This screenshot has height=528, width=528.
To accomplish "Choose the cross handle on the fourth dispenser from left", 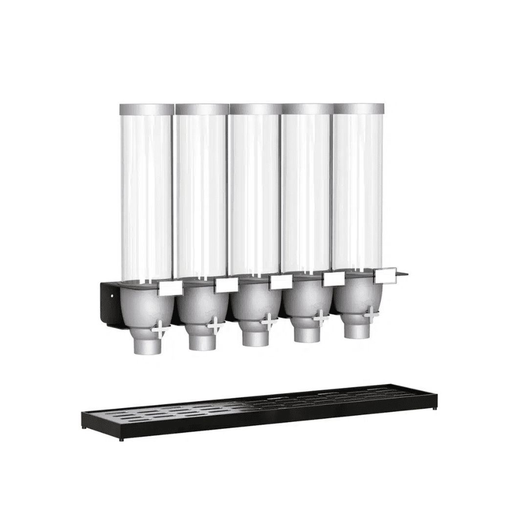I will pos(321,318).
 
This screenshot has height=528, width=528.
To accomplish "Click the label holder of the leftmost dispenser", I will pos(171,288).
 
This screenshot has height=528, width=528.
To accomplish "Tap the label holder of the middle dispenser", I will pos(281,282).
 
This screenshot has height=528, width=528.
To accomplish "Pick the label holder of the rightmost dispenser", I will pos(385,275).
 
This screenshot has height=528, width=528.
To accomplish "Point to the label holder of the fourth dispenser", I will pos(334,279).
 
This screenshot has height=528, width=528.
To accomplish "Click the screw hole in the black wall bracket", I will pos(111,295).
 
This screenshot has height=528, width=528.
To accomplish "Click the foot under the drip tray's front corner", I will pos(122,440).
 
